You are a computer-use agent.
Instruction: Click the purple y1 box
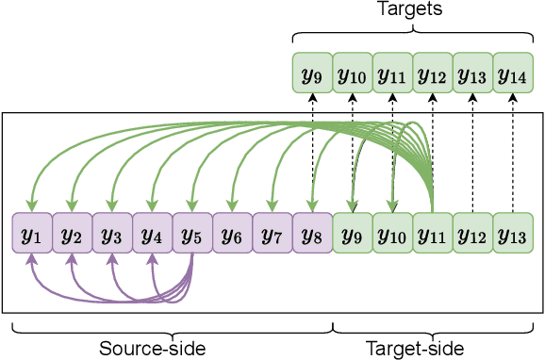(x=31, y=234)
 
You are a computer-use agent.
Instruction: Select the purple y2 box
(x=72, y=234)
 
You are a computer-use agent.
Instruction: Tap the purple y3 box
(x=111, y=234)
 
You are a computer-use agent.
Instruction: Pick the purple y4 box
(x=152, y=234)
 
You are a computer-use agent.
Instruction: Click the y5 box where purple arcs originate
(x=192, y=234)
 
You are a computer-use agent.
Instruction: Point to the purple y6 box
(x=232, y=234)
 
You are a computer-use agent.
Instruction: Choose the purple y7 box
(x=272, y=234)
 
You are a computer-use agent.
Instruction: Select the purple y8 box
(x=312, y=234)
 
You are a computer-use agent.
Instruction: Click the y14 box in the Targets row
(x=513, y=72)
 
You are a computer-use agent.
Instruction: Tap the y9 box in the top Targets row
(x=312, y=72)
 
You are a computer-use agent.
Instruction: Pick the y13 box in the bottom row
(x=513, y=234)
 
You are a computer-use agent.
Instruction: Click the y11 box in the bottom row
(x=433, y=234)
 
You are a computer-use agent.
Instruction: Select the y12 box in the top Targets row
(x=433, y=72)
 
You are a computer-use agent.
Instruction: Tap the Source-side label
(x=152, y=349)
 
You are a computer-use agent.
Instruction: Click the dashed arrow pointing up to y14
(x=513, y=151)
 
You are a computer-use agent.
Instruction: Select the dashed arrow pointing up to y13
(x=473, y=151)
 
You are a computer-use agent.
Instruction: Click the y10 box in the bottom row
(x=392, y=234)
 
